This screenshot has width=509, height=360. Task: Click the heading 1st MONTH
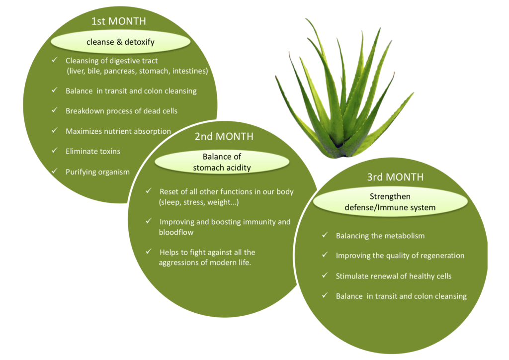[118, 21]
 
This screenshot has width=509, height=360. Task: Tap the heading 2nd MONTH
[224, 136]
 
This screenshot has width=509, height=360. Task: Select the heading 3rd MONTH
[395, 177]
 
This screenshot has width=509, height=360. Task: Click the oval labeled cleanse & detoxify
[120, 42]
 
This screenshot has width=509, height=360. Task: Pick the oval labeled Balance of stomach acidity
[222, 162]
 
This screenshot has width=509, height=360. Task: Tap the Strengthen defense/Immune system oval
[390, 202]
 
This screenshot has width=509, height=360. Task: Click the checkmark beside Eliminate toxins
[55, 151]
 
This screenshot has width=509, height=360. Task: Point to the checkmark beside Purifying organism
[55, 171]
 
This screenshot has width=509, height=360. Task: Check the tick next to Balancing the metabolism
[325, 235]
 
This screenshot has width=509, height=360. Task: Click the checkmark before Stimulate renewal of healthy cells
[325, 275]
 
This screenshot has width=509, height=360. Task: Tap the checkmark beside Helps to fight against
[149, 251]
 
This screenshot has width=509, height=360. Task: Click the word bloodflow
[176, 232]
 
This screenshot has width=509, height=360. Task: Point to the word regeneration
[442, 256]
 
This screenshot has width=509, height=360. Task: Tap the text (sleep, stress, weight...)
[199, 202]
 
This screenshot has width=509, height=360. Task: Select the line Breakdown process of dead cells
[121, 111]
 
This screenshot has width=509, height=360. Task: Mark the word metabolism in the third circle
[405, 236]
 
